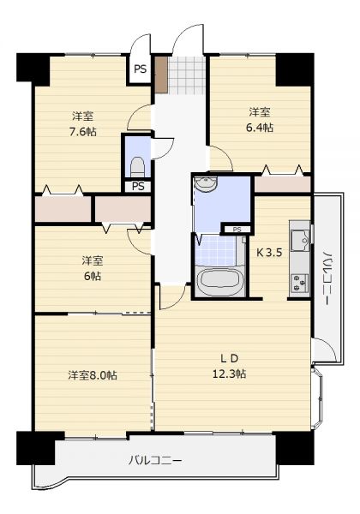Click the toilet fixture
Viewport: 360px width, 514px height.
137,167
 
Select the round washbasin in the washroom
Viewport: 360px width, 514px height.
206,183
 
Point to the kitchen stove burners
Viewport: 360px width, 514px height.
300,283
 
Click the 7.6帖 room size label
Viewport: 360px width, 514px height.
82,132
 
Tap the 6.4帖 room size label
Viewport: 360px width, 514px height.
260,128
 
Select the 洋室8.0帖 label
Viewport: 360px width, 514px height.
93,375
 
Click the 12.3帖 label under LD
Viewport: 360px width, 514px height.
230,374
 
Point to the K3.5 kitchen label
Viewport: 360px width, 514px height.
269,253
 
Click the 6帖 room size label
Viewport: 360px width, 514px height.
93,277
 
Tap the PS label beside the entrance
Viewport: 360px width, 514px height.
140,69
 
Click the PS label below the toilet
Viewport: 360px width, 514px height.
138,186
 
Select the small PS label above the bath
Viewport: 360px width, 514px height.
237,230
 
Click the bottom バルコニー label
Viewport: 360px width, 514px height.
155,461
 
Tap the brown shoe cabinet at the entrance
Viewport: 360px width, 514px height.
161,75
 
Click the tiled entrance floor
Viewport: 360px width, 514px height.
186,75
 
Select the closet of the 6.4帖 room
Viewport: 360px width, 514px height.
283,185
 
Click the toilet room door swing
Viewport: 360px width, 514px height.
162,148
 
